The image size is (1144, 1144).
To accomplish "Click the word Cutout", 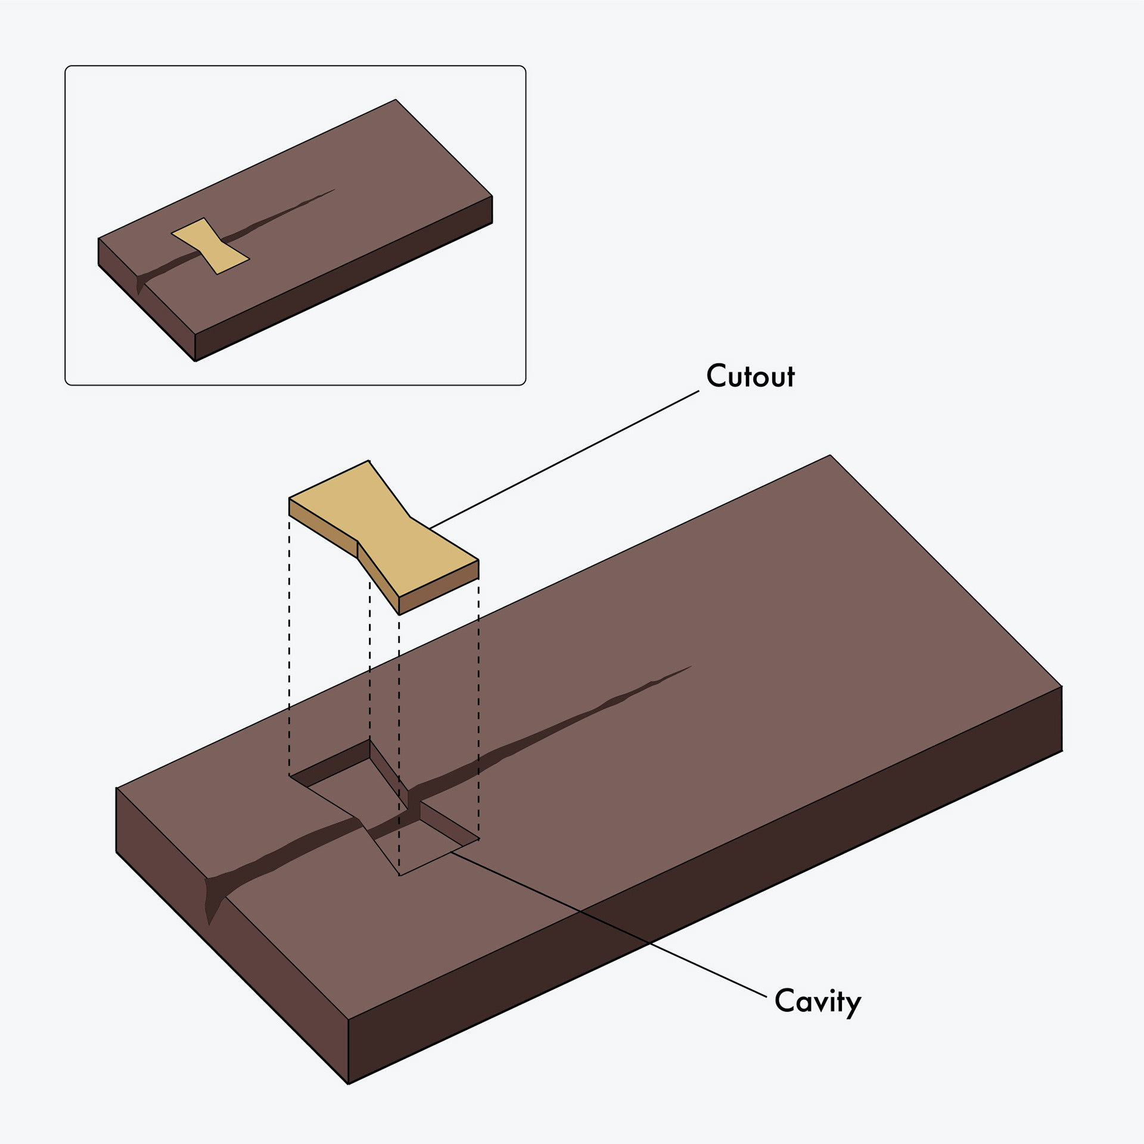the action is pos(750,376).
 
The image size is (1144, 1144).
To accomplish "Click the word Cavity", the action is pos(817,1001).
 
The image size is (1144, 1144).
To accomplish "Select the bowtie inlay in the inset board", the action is pos(210,246).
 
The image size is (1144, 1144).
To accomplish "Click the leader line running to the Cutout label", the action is pos(564,459).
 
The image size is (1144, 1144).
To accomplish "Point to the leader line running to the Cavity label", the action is pos(608,924).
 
